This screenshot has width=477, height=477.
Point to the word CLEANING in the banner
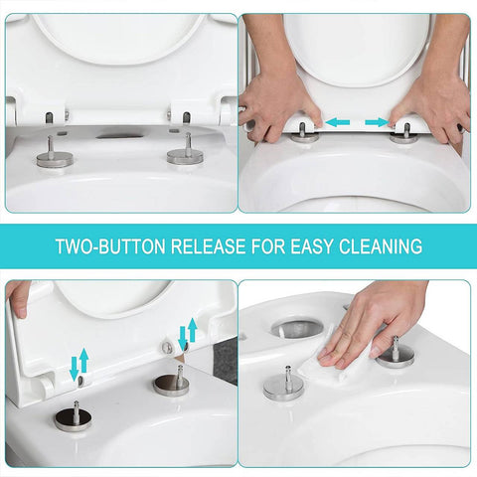(x=380, y=245)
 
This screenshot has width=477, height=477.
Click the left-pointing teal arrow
(x=339, y=122)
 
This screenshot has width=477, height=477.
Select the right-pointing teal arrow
(x=377, y=122)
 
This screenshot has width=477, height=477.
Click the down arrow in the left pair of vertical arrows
(x=72, y=369)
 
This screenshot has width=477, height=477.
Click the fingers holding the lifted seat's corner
(x=17, y=296)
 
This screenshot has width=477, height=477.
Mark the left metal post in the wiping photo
(x=283, y=384)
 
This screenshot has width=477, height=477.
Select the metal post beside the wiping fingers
(x=395, y=353)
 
